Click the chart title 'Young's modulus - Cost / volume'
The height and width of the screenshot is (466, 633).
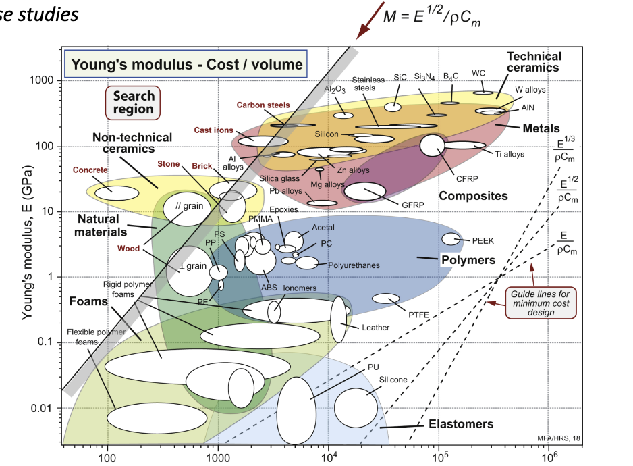pos(187,66)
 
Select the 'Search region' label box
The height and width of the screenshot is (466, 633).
pos(133,103)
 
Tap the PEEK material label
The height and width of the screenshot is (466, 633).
pos(483,240)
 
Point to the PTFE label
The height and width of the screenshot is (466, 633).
pos(418,313)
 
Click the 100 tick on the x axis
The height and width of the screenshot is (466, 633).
pos(107,458)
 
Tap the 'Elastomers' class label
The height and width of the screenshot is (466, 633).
pos(461,425)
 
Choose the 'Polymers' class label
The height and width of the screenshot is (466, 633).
pos(468,260)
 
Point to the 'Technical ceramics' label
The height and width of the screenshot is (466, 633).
pos(533,62)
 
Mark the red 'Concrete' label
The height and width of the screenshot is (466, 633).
pos(90,170)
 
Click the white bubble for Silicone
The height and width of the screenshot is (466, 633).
pos(356,408)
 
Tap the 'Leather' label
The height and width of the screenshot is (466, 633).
pos(376,328)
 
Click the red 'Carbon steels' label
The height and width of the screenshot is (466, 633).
pos(263,105)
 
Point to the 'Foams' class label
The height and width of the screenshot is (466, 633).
pos(88,301)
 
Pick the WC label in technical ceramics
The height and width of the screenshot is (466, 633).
pos(478,73)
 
